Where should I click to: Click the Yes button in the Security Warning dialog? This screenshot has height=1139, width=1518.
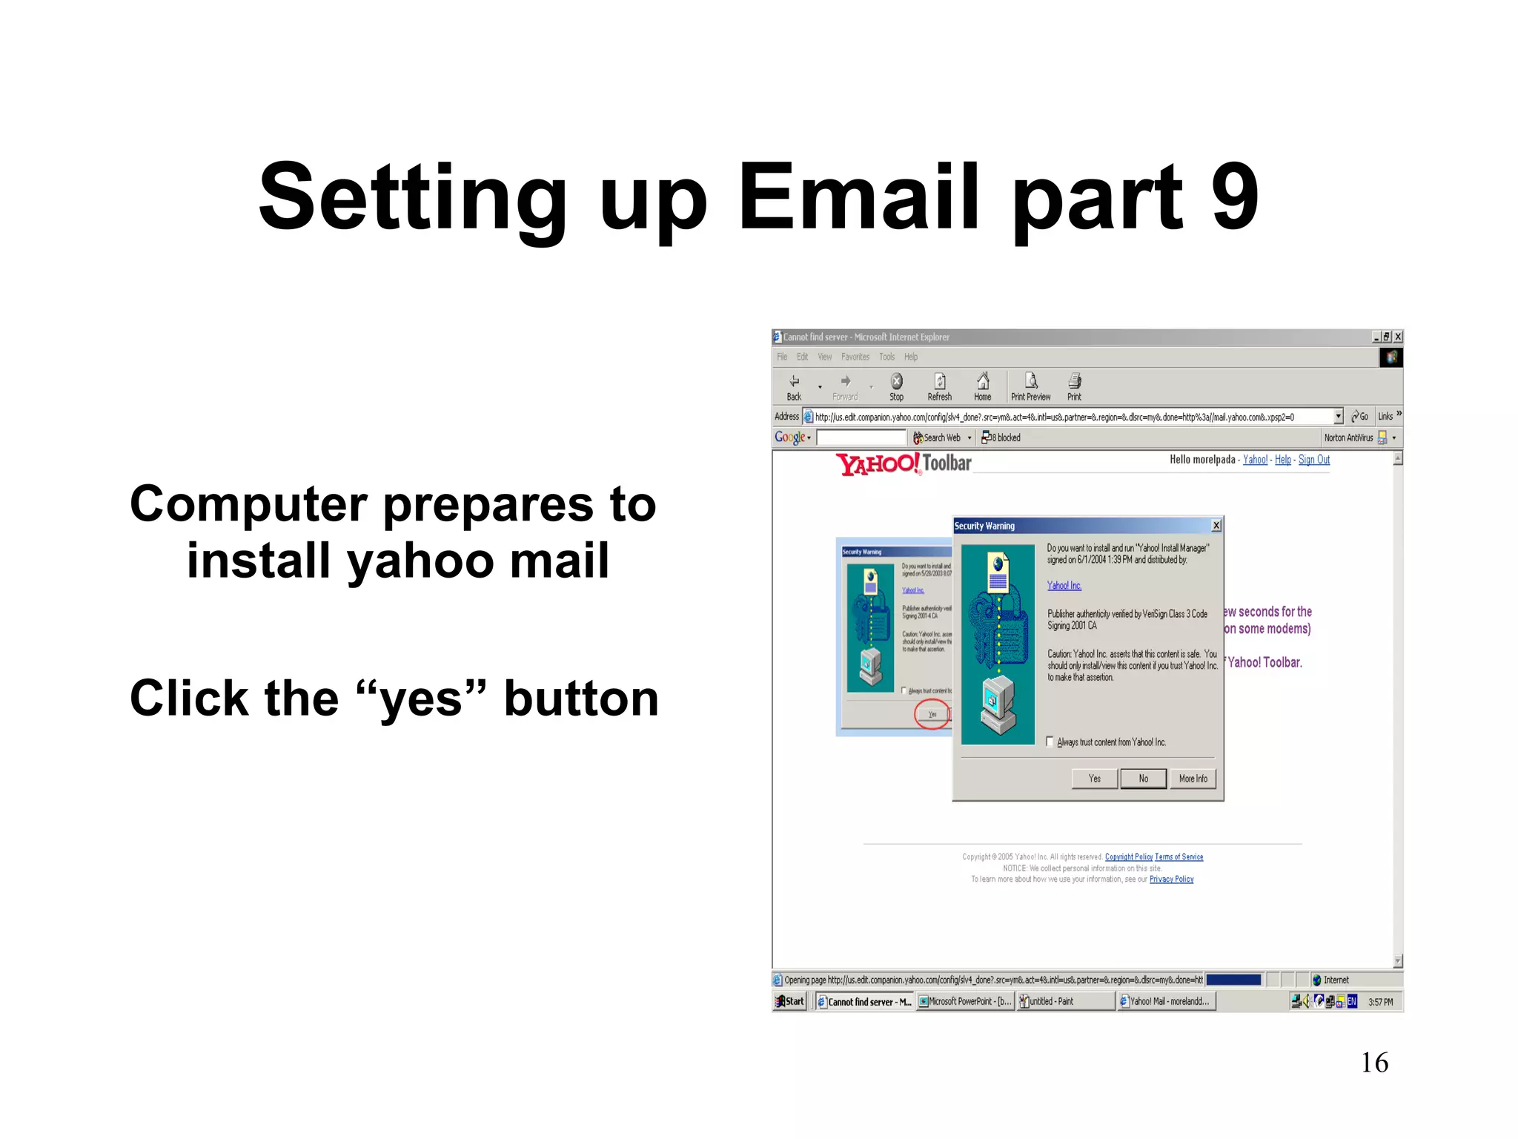tap(1094, 779)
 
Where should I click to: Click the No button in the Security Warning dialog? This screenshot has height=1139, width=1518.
tap(1143, 779)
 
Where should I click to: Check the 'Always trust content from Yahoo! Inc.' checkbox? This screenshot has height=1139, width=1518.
tap(1050, 742)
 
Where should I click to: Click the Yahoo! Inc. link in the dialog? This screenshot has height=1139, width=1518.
tap(1064, 586)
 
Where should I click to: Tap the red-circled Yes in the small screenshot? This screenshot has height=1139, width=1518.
tap(932, 714)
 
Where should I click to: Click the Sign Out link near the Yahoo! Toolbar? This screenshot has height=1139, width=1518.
tap(1313, 460)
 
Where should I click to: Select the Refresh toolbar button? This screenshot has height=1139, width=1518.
tap(939, 386)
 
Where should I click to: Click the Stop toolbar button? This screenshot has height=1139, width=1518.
tap(896, 386)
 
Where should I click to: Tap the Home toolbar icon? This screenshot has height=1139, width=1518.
tap(982, 386)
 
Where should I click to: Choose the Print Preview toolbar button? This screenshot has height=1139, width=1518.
tap(1030, 386)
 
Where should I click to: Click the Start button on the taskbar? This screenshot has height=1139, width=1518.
tap(789, 1001)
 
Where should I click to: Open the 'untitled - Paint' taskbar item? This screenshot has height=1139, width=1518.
tap(1064, 1001)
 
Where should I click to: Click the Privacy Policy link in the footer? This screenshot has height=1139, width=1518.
tap(1171, 879)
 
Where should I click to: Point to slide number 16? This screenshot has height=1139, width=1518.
tap(1374, 1063)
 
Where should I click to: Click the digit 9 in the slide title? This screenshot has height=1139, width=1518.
tap(1235, 197)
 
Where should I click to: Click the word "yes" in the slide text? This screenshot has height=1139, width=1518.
tap(420, 700)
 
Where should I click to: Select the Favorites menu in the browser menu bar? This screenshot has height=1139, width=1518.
tap(855, 357)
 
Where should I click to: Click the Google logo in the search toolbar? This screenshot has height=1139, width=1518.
tap(790, 438)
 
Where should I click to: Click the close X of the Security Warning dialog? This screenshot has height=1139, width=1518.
tap(1216, 526)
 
